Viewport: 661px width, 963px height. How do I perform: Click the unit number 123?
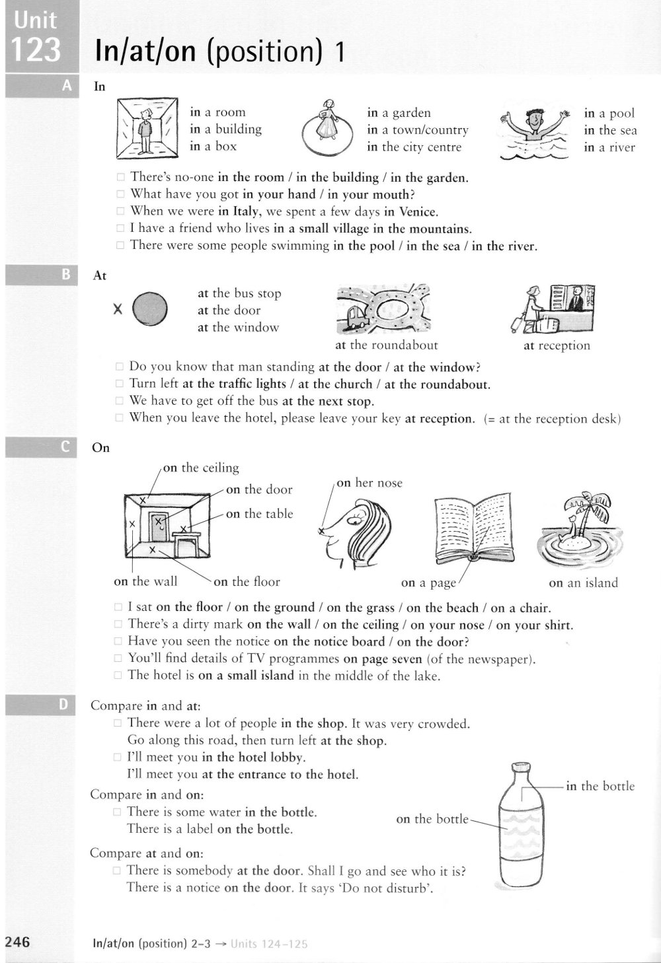(x=36, y=50)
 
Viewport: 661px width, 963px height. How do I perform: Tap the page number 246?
(x=17, y=942)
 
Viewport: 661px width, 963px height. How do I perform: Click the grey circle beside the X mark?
(x=150, y=308)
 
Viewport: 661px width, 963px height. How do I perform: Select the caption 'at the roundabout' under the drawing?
(x=386, y=345)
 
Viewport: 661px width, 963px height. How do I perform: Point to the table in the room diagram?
(x=188, y=540)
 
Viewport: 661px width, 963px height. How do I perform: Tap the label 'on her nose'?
(x=369, y=483)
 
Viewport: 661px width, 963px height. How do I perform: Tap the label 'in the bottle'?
(x=600, y=786)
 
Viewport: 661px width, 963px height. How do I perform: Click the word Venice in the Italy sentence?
(x=416, y=212)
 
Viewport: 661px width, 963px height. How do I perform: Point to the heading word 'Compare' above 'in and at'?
(x=116, y=705)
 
